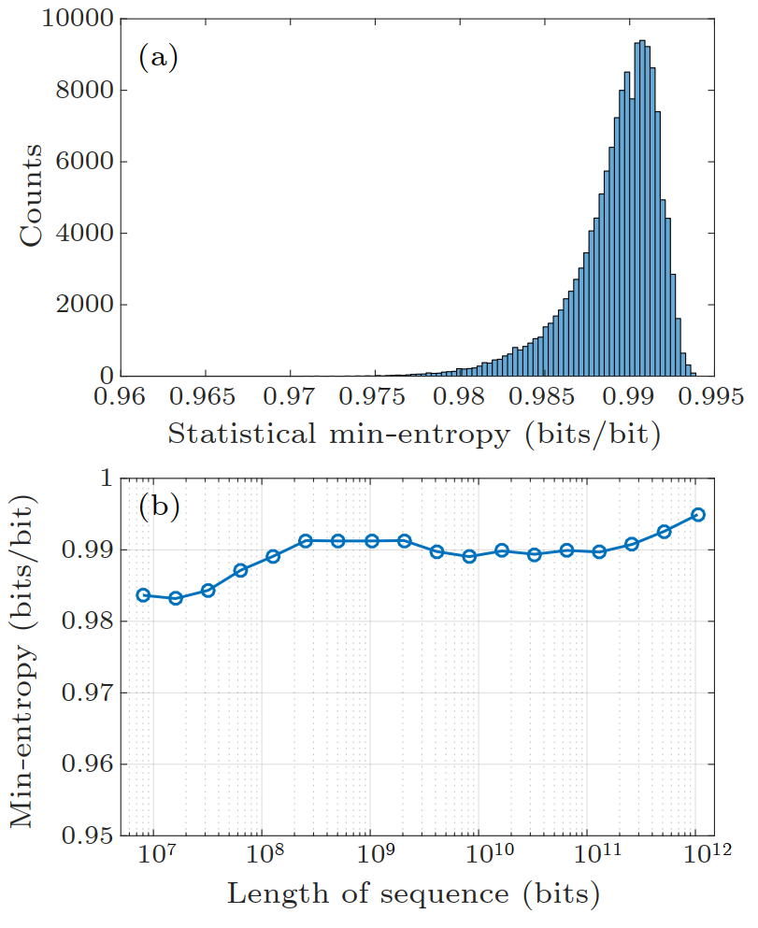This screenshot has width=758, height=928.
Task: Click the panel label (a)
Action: coord(158,58)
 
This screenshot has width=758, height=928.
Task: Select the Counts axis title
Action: coord(33,196)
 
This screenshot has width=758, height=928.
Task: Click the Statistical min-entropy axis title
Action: coord(414,435)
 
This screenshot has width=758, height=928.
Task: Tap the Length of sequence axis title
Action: coord(413,895)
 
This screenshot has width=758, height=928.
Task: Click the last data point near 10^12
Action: coord(697,515)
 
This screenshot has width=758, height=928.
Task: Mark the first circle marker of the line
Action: coord(143,595)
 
